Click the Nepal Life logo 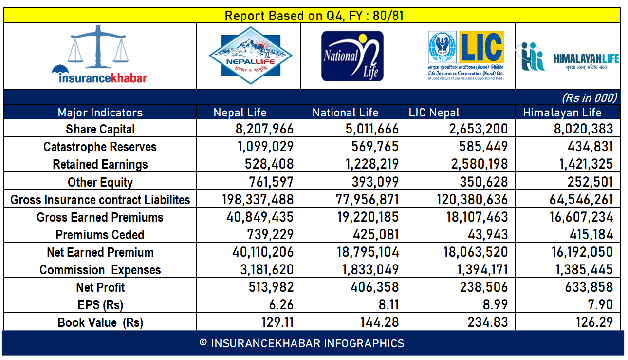(249, 56)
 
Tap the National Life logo (352, 56)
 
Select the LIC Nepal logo (466, 56)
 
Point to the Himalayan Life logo (568, 57)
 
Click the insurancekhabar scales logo (99, 56)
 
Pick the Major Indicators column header (100, 113)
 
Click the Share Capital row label (100, 129)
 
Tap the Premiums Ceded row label (100, 235)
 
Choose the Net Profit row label (100, 287)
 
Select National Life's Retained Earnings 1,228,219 (368, 164)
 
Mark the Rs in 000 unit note (589, 98)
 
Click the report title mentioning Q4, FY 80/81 (314, 16)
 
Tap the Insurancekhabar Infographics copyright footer (302, 343)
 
